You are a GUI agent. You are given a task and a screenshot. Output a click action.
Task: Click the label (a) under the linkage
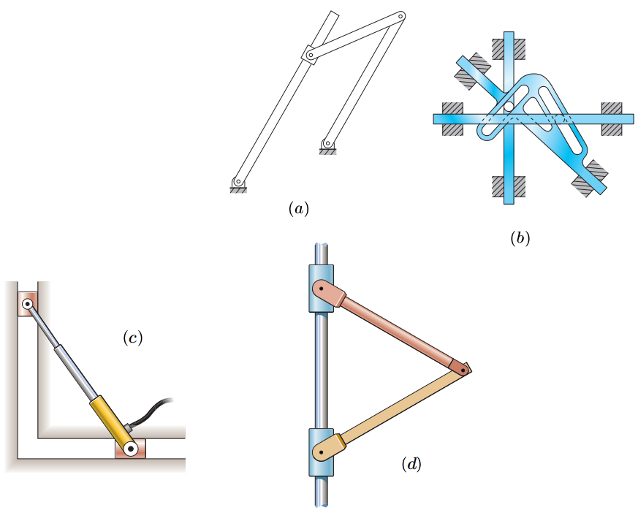pyautogui.click(x=298, y=209)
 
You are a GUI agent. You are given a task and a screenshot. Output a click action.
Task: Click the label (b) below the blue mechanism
pyautogui.click(x=520, y=237)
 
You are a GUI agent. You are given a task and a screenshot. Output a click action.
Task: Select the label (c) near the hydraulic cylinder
pyautogui.click(x=133, y=338)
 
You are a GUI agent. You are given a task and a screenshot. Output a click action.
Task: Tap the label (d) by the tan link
pyautogui.click(x=411, y=463)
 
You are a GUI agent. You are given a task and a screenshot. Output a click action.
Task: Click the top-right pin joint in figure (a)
pyautogui.click(x=400, y=16)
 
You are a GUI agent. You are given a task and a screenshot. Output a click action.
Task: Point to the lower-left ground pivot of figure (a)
pyautogui.click(x=237, y=183)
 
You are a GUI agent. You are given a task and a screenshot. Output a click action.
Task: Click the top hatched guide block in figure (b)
pyautogui.click(x=508, y=48)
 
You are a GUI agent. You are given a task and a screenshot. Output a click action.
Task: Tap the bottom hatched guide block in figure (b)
pyautogui.click(x=508, y=186)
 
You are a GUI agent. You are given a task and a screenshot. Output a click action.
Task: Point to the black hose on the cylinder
pyautogui.click(x=153, y=409)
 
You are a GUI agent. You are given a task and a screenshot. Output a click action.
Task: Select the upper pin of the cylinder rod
pyautogui.click(x=27, y=303)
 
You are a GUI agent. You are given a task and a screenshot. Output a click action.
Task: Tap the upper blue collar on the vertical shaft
pyautogui.click(x=320, y=286)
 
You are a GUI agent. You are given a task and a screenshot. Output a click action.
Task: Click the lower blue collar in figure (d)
pyautogui.click(x=320, y=452)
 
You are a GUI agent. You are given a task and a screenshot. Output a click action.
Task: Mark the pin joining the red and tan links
pyautogui.click(x=463, y=371)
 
